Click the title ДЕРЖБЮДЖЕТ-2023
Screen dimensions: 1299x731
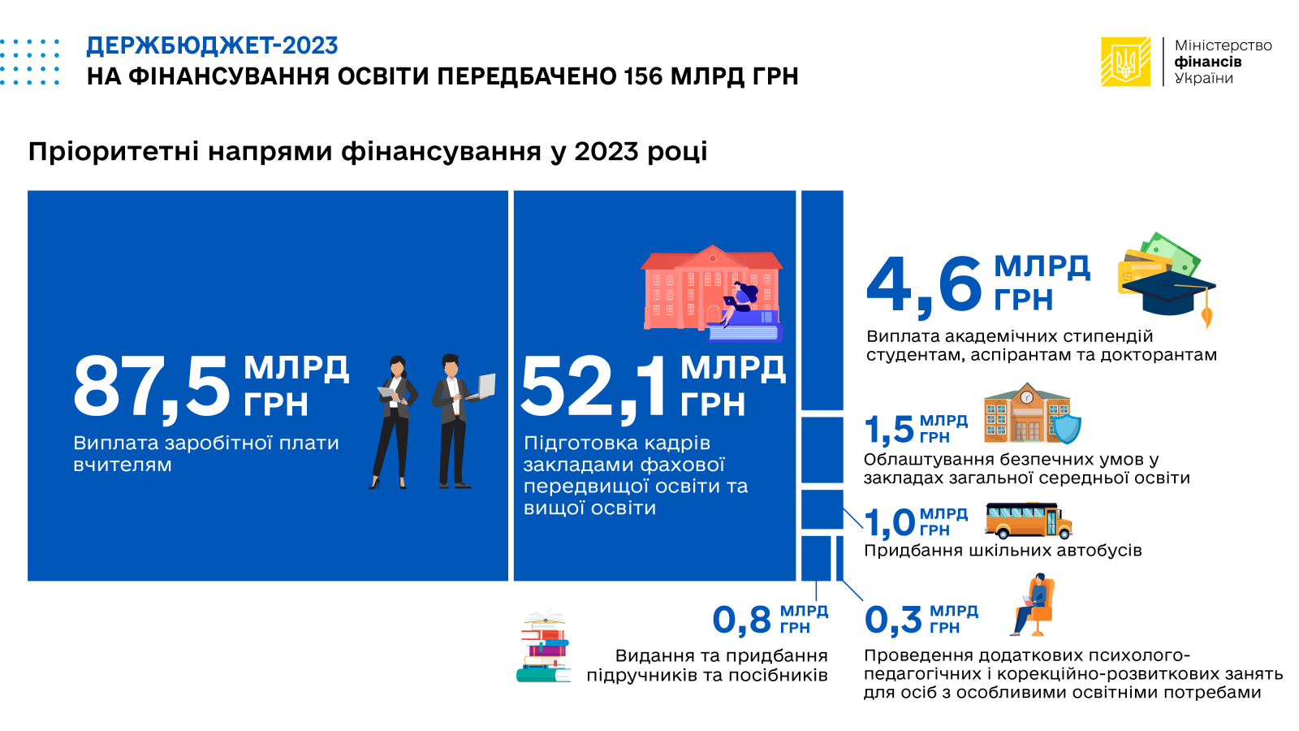212,45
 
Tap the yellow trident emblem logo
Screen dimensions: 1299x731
1125,62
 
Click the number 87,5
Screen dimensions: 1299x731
152,386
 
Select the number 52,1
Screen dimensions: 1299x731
595,386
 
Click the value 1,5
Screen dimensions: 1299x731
888,430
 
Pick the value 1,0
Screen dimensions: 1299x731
889,522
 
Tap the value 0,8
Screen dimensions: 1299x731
742,620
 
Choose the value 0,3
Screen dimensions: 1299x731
893,620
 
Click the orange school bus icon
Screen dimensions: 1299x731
1029,521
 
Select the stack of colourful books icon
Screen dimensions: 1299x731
543,647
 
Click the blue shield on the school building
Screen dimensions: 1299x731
1067,428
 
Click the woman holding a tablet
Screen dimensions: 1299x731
393,422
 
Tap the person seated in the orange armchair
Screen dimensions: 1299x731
1032,604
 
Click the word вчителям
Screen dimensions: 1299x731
123,465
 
